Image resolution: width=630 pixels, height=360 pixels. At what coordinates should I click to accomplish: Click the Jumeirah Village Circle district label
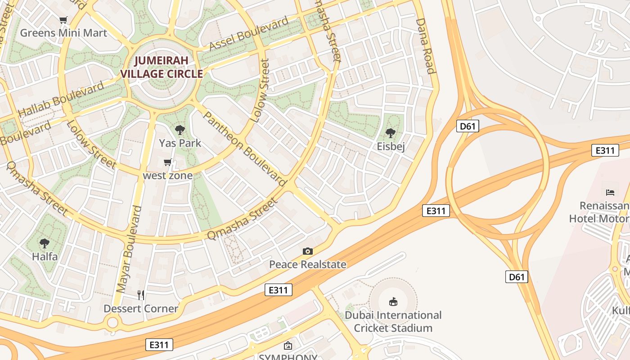point(162,67)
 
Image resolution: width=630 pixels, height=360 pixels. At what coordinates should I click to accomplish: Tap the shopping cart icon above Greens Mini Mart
point(63,20)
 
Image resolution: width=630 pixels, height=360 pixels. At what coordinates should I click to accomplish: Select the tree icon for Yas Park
point(180,130)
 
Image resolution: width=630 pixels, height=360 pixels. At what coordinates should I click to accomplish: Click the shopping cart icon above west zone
point(168,162)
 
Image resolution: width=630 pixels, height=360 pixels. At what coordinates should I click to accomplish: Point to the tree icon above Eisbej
point(391,133)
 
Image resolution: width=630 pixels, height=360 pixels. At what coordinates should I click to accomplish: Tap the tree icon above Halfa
point(45,243)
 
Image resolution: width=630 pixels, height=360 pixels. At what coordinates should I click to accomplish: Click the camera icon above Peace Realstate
point(308,251)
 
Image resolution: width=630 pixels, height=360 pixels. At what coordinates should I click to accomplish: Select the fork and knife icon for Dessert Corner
point(141,295)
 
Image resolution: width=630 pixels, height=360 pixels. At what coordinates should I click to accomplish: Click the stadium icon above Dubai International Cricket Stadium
point(393,301)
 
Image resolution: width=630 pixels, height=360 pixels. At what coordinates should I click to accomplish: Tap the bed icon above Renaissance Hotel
point(610,193)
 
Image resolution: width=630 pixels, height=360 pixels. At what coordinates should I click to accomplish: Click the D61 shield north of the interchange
point(468,126)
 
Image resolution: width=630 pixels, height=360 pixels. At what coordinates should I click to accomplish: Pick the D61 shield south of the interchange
point(516,277)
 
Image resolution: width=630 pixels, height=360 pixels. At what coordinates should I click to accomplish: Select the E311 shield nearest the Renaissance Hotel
point(605,150)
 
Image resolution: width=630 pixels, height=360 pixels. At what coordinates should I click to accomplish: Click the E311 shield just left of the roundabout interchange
point(436,210)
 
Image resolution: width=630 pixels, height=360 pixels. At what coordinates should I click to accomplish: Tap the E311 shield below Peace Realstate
point(278,290)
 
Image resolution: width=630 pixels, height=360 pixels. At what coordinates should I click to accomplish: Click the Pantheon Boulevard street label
point(244,148)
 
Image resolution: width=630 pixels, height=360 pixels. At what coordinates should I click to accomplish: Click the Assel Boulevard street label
point(249,34)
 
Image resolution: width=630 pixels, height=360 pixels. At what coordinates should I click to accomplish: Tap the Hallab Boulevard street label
point(61,99)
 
